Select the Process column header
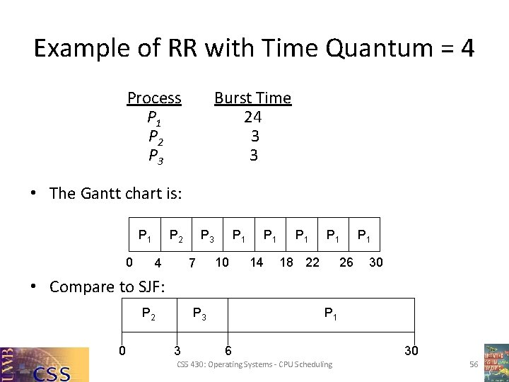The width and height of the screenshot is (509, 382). [x=154, y=98]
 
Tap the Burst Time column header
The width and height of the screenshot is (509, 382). [x=252, y=98]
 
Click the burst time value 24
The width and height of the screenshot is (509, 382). [x=253, y=117]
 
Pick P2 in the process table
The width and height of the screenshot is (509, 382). [x=156, y=136]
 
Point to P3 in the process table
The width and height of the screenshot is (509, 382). [x=156, y=155]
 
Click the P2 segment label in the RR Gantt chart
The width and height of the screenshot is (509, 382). [x=175, y=235]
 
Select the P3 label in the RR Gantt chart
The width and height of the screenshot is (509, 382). [x=207, y=235]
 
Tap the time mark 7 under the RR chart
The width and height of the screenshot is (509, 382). [x=191, y=263]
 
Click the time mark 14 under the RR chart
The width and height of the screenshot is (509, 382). [x=256, y=262]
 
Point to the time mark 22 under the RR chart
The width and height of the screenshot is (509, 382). [x=312, y=262]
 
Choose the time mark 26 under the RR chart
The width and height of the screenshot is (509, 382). [x=346, y=262]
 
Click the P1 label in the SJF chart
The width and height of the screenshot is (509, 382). [x=329, y=313]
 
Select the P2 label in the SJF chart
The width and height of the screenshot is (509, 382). [x=149, y=313]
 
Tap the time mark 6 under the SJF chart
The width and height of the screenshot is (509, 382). [x=227, y=350]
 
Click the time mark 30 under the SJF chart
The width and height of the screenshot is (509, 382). [x=411, y=350]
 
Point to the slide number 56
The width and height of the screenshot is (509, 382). [x=474, y=364]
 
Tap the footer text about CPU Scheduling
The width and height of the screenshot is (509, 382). [x=255, y=364]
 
